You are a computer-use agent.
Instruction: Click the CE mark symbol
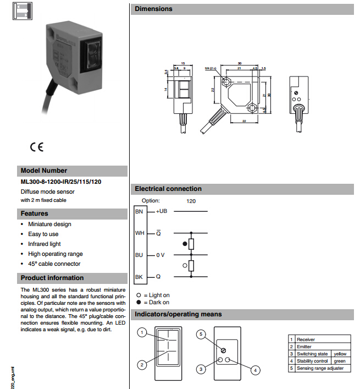point(37,147)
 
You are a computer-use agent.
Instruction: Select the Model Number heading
point(43,171)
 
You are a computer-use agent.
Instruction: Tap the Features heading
point(35,213)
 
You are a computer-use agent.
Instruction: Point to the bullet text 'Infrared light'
point(45,244)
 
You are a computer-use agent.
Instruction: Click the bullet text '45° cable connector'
point(54,264)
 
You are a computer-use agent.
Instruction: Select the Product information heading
point(52,278)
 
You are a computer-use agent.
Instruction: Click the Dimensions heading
point(153,9)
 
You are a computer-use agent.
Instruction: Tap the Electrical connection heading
point(168,189)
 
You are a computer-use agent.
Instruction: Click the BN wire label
point(139,211)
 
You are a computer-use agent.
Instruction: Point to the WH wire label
point(139,233)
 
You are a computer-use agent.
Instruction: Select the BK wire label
point(139,276)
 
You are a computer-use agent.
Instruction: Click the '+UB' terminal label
point(162,211)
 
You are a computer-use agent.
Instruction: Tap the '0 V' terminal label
point(161,255)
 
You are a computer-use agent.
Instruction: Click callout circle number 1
point(142,333)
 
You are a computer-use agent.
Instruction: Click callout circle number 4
point(254,370)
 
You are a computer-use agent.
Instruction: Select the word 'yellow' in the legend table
point(340,354)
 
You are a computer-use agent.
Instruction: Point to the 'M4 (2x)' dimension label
point(212,69)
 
